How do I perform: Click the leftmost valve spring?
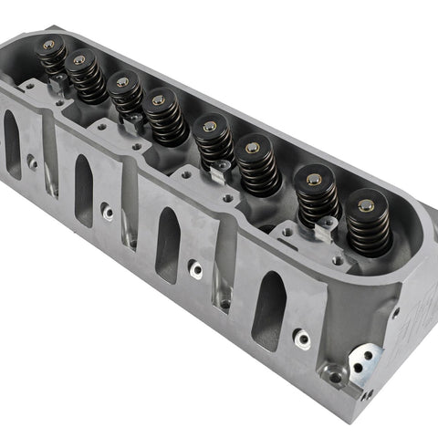coord(53,57)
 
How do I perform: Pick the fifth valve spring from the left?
coord(213,141)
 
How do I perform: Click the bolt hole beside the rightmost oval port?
coord(302,339)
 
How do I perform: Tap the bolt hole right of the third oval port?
coord(195,268)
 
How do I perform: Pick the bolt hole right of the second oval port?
coord(109,213)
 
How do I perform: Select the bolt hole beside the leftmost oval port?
coord(33,163)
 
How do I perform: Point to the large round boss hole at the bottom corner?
coord(336,374)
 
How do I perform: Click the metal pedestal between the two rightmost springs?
coord(321,232)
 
